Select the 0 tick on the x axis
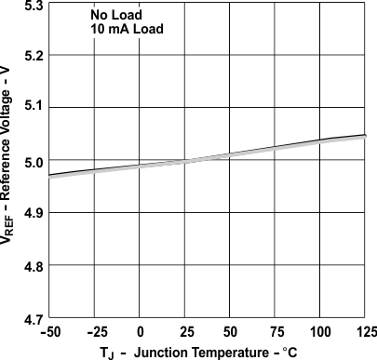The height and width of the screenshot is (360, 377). click(x=140, y=331)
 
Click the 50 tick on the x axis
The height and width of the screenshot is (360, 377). click(x=230, y=331)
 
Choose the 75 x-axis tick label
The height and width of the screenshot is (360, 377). click(x=276, y=331)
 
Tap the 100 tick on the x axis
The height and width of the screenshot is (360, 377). click(x=320, y=331)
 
